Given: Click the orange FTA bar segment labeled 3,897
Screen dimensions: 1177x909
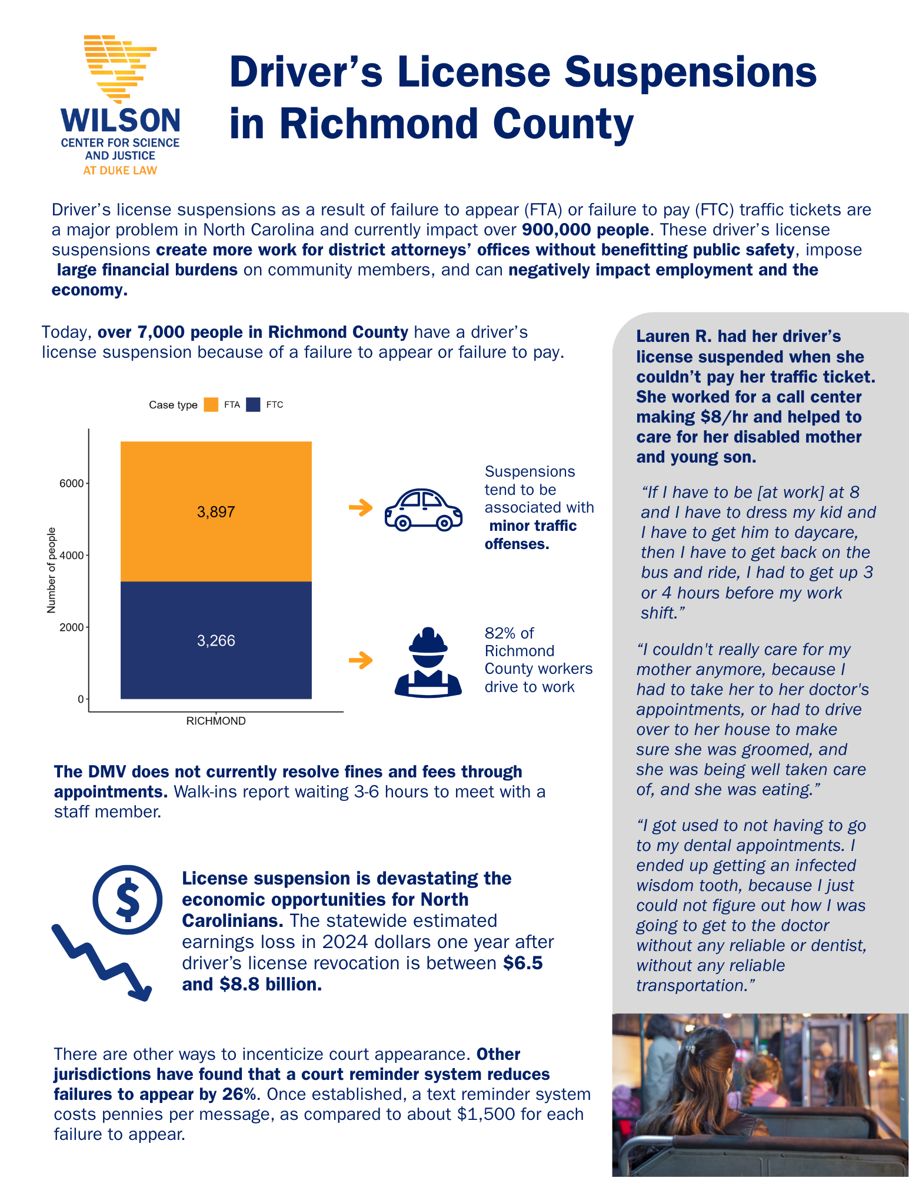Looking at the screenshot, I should pyautogui.click(x=216, y=511).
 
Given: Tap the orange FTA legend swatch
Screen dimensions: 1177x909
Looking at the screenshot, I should pyautogui.click(x=211, y=405).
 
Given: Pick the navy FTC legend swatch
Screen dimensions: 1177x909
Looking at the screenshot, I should pyautogui.click(x=253, y=405).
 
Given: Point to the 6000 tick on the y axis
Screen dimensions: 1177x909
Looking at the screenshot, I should pyautogui.click(x=72, y=484).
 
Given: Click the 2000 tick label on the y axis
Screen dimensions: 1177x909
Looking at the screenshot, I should pyautogui.click(x=72, y=627).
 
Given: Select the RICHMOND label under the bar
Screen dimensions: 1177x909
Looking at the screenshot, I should pyautogui.click(x=216, y=721).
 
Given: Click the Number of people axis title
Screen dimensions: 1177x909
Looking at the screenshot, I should pyautogui.click(x=51, y=570).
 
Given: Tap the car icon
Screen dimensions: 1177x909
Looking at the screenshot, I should pyautogui.click(x=423, y=510).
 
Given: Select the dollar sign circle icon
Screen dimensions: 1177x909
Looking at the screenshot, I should pyautogui.click(x=127, y=899).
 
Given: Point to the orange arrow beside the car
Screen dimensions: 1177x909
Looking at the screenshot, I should pyautogui.click(x=361, y=507).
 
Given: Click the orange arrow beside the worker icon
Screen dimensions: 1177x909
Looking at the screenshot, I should pyautogui.click(x=361, y=660).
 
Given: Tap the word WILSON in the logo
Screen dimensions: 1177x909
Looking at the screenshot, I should pyautogui.click(x=121, y=120).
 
